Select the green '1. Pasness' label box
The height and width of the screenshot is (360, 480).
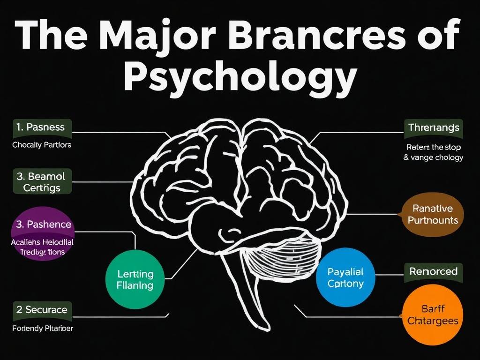click(x=42, y=127)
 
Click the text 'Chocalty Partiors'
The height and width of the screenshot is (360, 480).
click(x=42, y=145)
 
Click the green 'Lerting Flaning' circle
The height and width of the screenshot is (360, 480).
click(x=135, y=279)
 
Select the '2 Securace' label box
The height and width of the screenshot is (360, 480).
click(x=42, y=310)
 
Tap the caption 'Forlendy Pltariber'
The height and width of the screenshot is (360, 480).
click(x=42, y=328)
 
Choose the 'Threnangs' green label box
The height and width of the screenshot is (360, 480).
click(x=434, y=127)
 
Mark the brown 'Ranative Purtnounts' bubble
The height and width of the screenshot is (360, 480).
click(x=432, y=214)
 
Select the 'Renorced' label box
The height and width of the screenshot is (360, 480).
click(x=433, y=271)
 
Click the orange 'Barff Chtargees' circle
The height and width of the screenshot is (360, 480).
click(x=433, y=315)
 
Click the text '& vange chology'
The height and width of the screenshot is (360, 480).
click(x=433, y=157)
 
